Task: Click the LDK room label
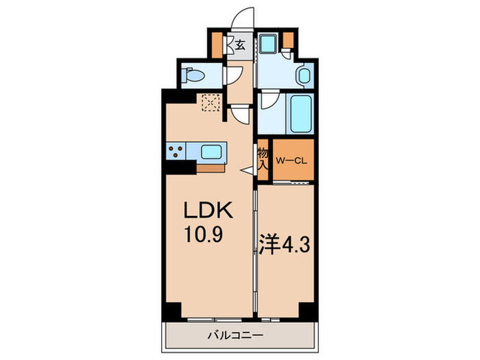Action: click(x=208, y=210)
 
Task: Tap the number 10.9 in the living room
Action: click(x=204, y=235)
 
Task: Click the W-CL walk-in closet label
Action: click(x=291, y=161)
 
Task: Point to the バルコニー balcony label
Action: click(x=235, y=336)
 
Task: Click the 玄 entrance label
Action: click(x=240, y=46)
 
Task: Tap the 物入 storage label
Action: click(x=263, y=158)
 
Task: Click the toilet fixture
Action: click(x=193, y=75)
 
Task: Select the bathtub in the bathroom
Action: click(x=300, y=114)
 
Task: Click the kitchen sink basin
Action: click(x=211, y=152)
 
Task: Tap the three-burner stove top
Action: click(x=176, y=152)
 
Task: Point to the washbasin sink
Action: click(x=304, y=75)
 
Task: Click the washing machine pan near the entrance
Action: click(x=268, y=44)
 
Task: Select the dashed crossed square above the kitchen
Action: click(x=211, y=103)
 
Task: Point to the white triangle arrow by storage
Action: click(x=248, y=170)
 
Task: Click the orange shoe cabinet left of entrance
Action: click(x=217, y=45)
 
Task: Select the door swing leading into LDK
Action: click(x=240, y=115)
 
